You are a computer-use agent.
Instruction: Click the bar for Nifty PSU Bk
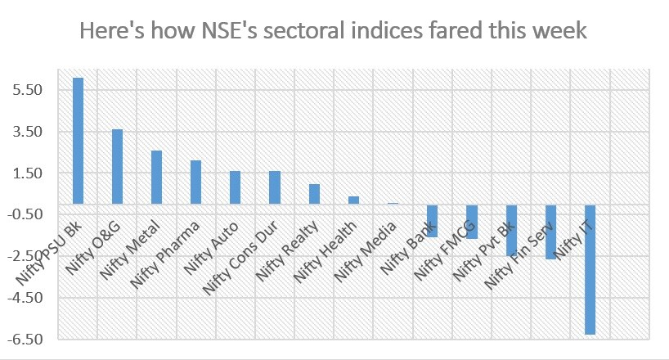tap(78, 141)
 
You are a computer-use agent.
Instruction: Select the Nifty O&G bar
tap(117, 166)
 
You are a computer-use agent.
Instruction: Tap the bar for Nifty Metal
tap(156, 177)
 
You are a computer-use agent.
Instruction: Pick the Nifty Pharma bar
tap(195, 182)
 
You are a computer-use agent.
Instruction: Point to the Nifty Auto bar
tap(235, 187)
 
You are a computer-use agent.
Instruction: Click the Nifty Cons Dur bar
tap(274, 187)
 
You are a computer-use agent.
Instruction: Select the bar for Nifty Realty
tap(313, 194)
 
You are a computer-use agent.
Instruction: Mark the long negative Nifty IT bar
tap(589, 269)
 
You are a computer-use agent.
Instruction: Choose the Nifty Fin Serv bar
tap(550, 232)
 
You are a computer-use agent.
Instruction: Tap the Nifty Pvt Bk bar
tap(511, 230)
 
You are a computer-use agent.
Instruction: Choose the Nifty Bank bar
tap(432, 220)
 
